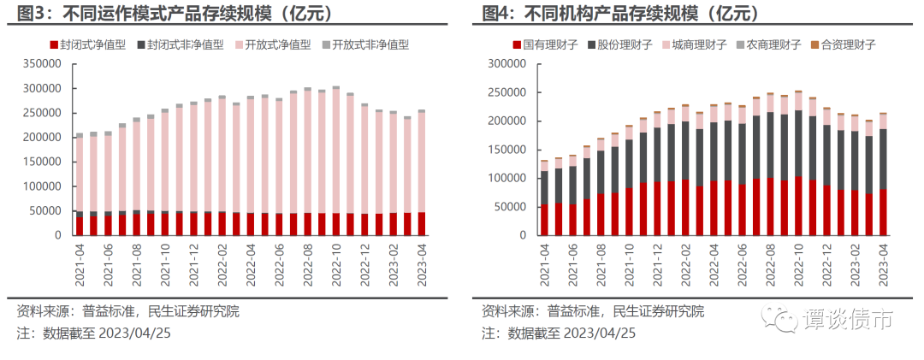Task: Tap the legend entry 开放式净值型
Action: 272,44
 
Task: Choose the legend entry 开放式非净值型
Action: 365,44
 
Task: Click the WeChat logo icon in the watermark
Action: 786,318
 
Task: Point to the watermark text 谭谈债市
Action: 849,319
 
